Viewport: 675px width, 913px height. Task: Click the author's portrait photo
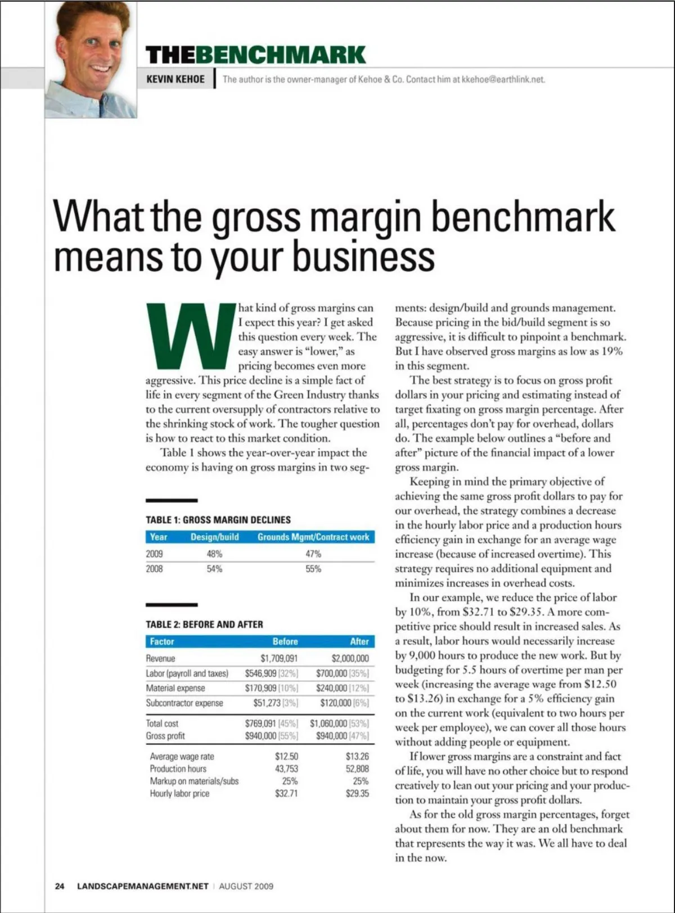click(x=91, y=59)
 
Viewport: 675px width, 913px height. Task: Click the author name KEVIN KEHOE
click(x=175, y=79)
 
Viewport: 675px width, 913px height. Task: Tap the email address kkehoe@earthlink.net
click(x=503, y=79)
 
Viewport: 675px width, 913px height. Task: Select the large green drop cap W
click(x=191, y=335)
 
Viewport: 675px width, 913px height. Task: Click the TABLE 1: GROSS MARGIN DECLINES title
click(x=218, y=520)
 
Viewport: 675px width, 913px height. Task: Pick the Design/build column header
click(x=214, y=537)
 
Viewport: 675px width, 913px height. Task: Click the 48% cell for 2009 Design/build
click(x=214, y=554)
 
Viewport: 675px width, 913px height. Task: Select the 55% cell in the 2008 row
click(x=313, y=569)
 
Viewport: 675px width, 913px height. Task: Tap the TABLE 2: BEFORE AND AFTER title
click(x=204, y=624)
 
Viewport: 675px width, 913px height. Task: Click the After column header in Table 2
click(x=359, y=641)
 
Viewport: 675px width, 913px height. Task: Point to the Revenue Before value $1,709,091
click(x=279, y=659)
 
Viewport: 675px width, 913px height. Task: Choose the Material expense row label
click(x=175, y=688)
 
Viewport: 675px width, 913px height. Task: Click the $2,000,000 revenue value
click(x=350, y=659)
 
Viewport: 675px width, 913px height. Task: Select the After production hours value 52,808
click(x=357, y=769)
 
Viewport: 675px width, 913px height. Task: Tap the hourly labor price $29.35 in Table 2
click(x=357, y=794)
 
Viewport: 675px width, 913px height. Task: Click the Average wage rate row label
click(x=182, y=757)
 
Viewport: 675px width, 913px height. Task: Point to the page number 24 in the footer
click(x=60, y=886)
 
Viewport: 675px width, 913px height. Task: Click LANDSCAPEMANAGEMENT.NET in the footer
click(x=142, y=886)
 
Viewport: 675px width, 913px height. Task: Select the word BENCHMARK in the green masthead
click(x=281, y=55)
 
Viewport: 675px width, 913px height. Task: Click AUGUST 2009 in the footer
click(x=246, y=886)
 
